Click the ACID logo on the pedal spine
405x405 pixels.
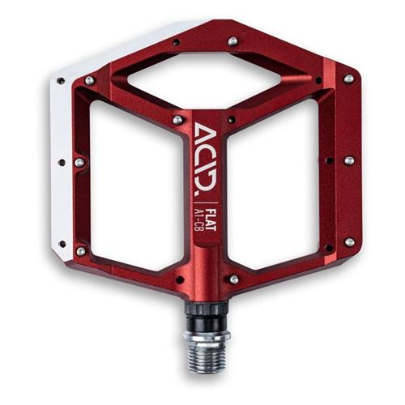(206, 156)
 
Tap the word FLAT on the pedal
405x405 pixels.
(211, 219)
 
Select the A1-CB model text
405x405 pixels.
(201, 220)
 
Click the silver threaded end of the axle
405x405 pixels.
(206, 354)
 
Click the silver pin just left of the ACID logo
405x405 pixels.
(177, 120)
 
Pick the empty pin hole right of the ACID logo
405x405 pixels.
(232, 120)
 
